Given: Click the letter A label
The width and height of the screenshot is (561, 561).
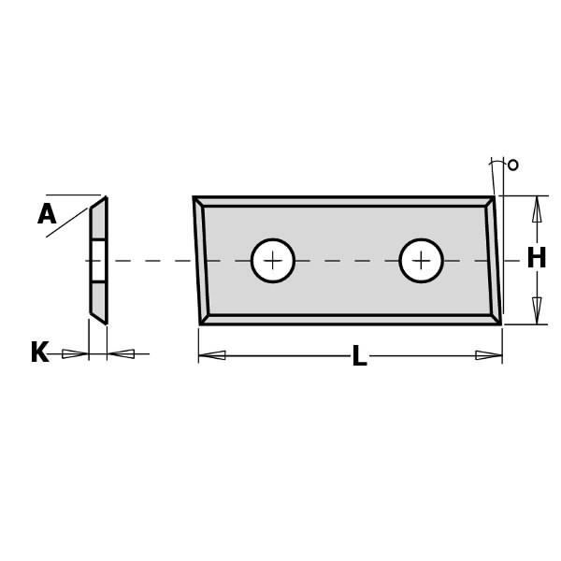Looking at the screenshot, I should (47, 215).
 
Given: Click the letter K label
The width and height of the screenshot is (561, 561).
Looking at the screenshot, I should (39, 353).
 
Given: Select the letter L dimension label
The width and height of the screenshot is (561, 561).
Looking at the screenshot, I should (359, 356).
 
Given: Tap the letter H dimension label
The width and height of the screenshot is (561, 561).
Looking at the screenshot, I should (536, 259).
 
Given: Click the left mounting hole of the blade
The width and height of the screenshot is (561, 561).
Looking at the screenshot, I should (273, 261).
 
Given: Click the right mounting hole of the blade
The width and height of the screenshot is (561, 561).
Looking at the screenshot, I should (421, 261).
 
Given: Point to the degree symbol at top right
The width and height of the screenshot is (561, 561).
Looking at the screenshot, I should (512, 165).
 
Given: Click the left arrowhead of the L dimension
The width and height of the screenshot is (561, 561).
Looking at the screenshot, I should (212, 355).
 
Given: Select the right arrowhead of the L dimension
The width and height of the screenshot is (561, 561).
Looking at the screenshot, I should (488, 355).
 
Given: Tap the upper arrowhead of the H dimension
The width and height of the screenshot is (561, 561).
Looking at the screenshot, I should (537, 209).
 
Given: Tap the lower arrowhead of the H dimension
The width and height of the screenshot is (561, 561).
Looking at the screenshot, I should (537, 309).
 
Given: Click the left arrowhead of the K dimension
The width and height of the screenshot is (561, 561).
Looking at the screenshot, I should (75, 353).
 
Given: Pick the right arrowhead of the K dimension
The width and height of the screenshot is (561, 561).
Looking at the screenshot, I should (122, 353).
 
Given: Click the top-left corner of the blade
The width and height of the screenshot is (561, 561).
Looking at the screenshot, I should (194, 198).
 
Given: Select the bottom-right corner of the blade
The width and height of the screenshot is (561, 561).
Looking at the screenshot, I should (499, 324).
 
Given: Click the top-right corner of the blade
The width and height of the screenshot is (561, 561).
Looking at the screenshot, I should (493, 198).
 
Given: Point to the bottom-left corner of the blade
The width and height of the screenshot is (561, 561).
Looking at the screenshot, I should (201, 324).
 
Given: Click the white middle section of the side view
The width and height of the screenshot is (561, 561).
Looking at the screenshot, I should (98, 260).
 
